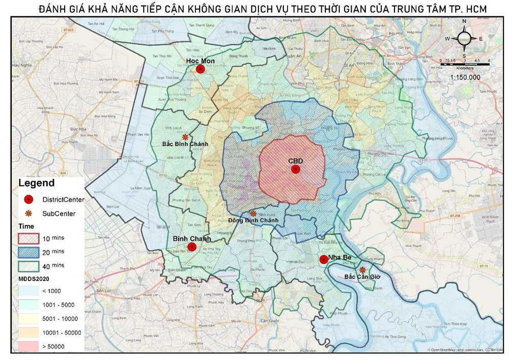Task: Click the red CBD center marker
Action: point(295,170)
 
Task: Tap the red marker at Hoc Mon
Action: point(201,69)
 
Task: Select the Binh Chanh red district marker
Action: point(192,247)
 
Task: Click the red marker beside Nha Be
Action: point(323,259)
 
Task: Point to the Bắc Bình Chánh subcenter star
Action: point(185,137)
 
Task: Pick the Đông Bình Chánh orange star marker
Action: point(253,214)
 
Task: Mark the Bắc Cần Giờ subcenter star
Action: point(362,270)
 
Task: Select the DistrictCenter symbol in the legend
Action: point(29,199)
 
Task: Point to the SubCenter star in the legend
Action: point(29,213)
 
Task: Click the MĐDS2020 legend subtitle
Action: point(34,278)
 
